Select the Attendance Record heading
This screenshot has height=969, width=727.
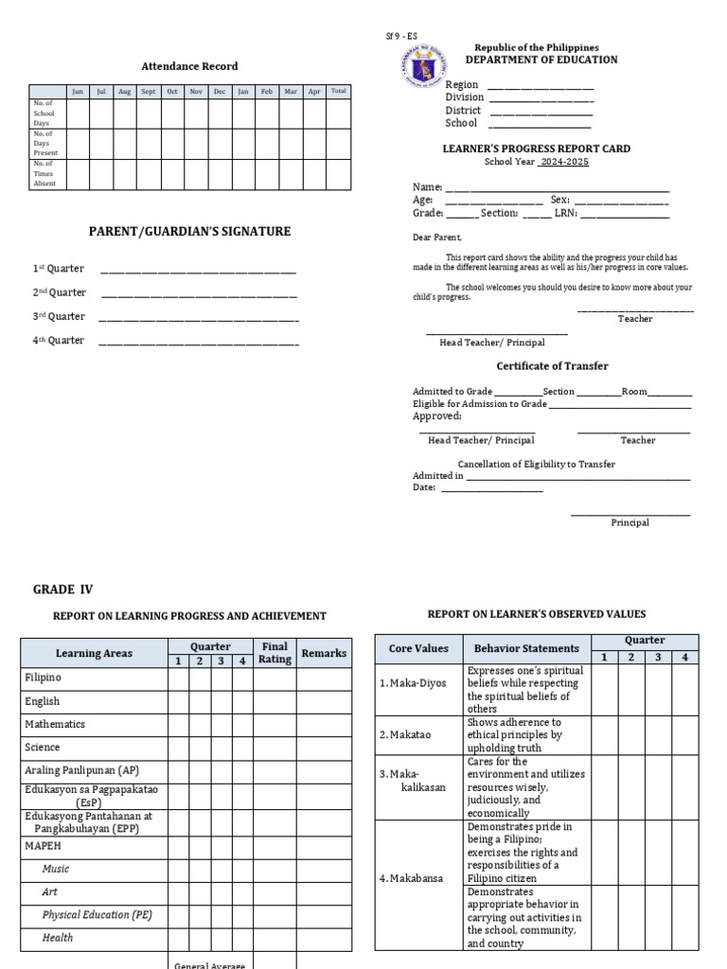pyautogui.click(x=189, y=66)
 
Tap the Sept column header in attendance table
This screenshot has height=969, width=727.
pyautogui.click(x=149, y=92)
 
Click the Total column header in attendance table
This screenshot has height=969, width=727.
pyautogui.click(x=338, y=92)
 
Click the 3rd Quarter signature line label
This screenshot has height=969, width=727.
pyautogui.click(x=59, y=317)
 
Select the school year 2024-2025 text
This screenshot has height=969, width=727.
pyautogui.click(x=563, y=162)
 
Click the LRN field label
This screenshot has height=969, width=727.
pyautogui.click(x=566, y=214)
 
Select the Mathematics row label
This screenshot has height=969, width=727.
pyautogui.click(x=55, y=725)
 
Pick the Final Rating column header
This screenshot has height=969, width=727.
pyautogui.click(x=275, y=653)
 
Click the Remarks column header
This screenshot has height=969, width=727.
pyautogui.click(x=324, y=653)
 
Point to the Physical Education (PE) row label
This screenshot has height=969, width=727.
pyautogui.click(x=98, y=915)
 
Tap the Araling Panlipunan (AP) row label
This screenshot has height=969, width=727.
pyautogui.click(x=81, y=770)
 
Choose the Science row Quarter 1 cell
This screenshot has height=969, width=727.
pyautogui.click(x=178, y=748)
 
